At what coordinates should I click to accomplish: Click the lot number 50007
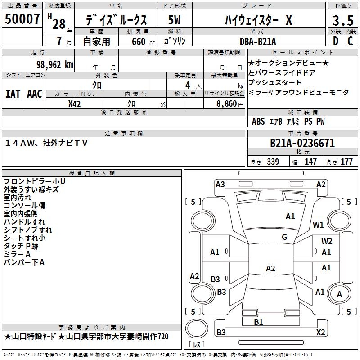pos(22,19)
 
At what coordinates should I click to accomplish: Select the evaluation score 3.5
pos(342,21)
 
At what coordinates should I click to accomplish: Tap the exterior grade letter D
pos(336,41)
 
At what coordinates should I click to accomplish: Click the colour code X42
pos(75,103)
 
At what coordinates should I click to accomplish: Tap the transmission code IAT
pos(13,94)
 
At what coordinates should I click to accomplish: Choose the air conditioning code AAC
pos(35,94)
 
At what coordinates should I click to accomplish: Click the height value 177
pos(346,162)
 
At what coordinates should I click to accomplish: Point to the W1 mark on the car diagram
pos(318,225)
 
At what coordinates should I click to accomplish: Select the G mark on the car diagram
pos(284,237)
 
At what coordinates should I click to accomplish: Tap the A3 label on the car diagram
pos(220,184)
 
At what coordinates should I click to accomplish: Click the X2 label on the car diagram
pos(320,332)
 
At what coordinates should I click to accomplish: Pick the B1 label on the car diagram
pos(258,322)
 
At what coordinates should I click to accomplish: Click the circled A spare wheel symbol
pos(340,294)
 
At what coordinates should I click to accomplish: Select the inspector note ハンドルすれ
pos(24,221)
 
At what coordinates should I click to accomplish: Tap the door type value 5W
pos(175,20)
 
